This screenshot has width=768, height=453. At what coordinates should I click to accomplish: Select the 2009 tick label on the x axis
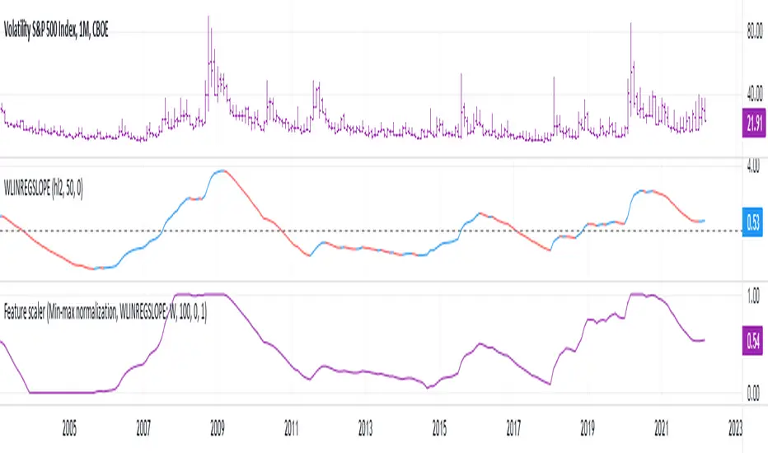218,428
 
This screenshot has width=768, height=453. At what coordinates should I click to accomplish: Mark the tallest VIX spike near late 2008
208,16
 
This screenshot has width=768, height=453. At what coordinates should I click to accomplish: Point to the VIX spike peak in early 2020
631,23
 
